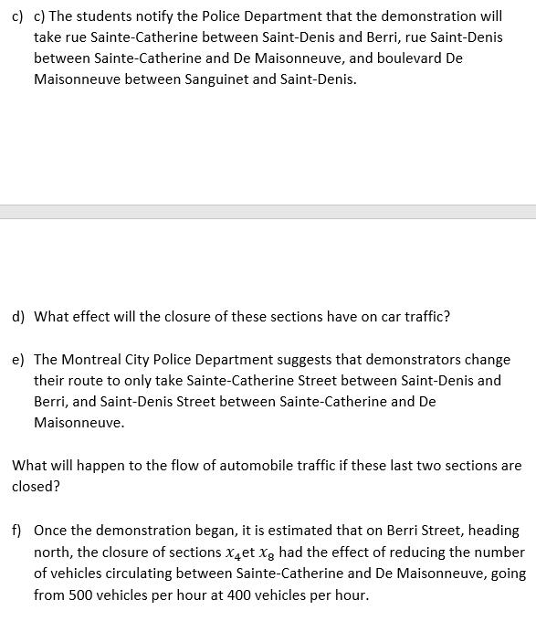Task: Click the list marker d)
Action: pos(18,317)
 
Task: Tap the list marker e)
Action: pos(18,360)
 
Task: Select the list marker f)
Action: pos(17,530)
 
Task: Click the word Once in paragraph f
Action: pos(51,530)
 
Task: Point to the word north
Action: pos(54,552)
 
